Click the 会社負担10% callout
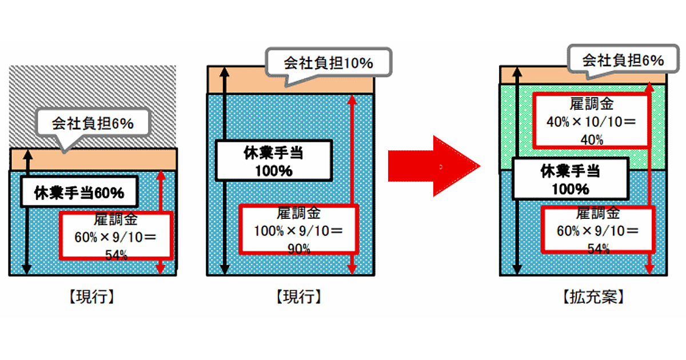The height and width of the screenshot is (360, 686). click(329, 62)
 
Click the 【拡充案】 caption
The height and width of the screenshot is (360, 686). click(593, 297)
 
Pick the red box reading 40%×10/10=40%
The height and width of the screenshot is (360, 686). click(591, 121)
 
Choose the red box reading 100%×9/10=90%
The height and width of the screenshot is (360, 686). click(298, 231)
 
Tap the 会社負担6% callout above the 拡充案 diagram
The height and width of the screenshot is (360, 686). click(622, 60)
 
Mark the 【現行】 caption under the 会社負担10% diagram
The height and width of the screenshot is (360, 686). click(298, 297)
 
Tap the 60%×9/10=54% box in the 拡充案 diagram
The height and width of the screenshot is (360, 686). click(597, 231)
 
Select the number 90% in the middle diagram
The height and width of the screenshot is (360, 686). click(298, 248)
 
